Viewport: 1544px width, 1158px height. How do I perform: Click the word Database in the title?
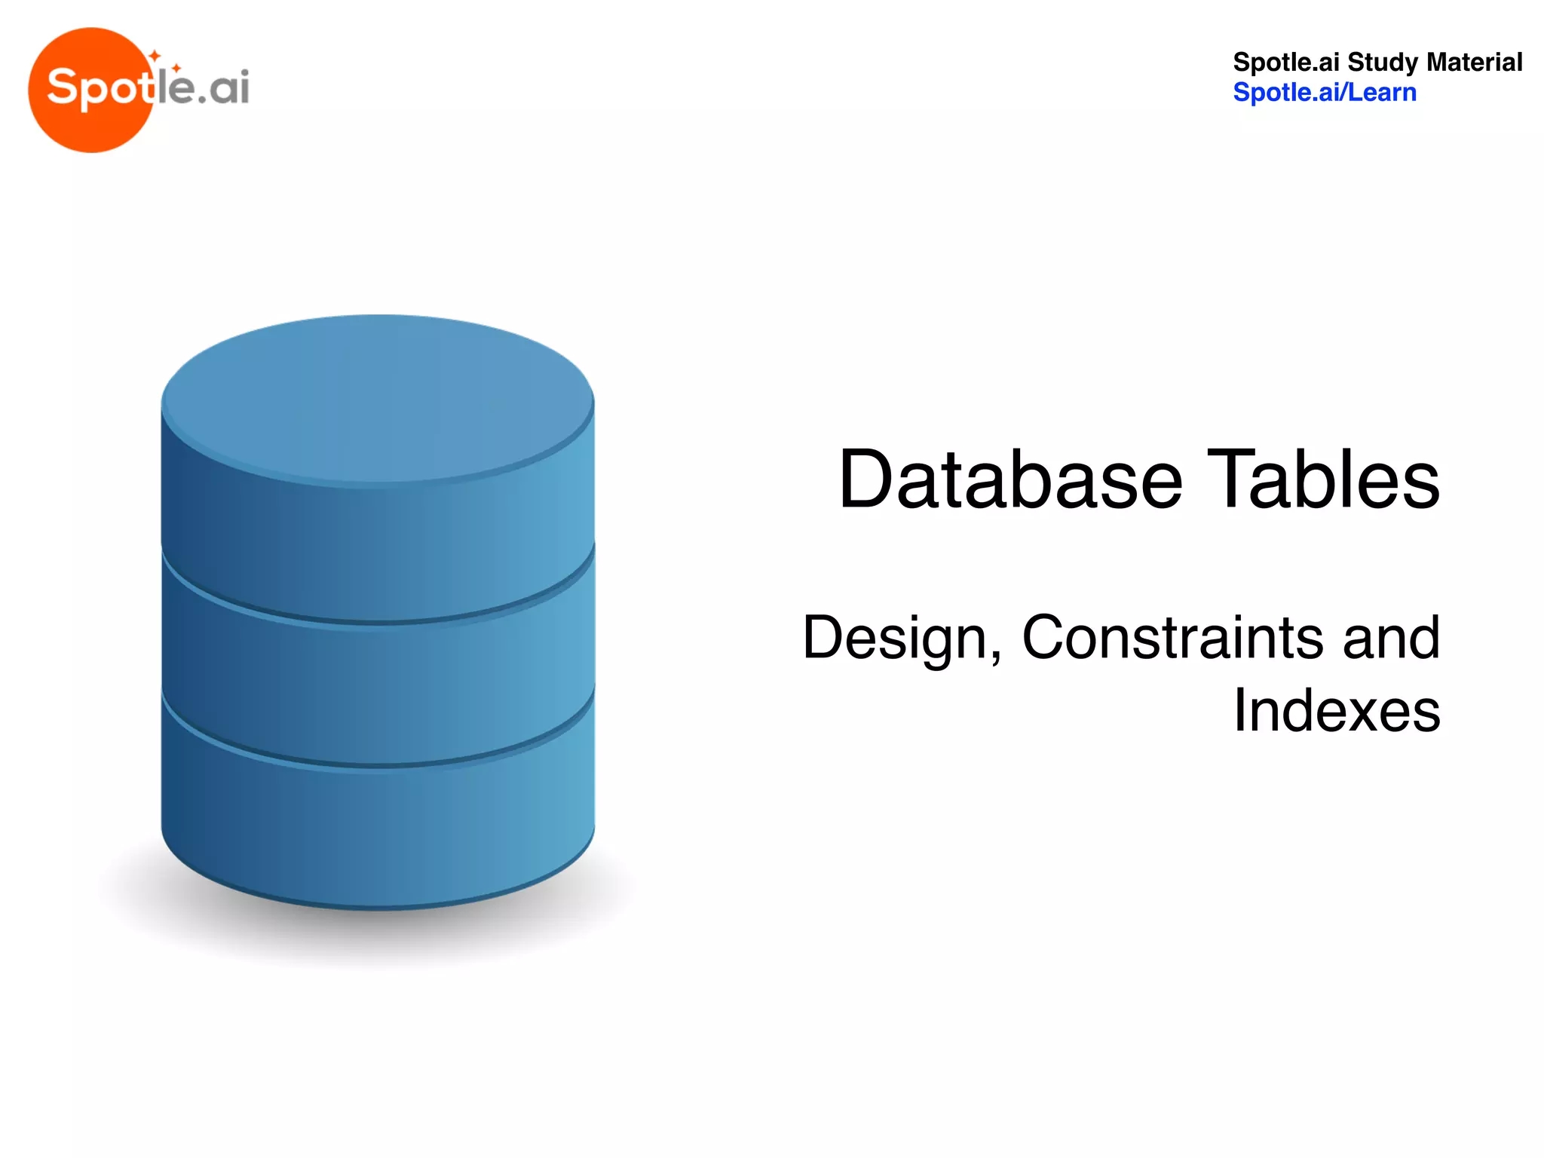point(1010,480)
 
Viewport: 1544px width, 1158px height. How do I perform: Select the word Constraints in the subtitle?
point(1172,637)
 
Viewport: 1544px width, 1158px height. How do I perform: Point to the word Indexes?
point(1336,710)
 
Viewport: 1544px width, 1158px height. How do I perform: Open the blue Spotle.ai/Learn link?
point(1324,93)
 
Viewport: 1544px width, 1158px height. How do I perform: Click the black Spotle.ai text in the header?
point(1286,62)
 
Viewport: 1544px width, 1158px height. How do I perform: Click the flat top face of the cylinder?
point(377,396)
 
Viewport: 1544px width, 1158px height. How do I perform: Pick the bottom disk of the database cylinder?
point(377,829)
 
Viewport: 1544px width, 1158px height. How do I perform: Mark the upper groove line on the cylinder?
point(377,622)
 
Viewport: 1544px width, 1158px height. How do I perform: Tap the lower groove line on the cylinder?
point(377,765)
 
